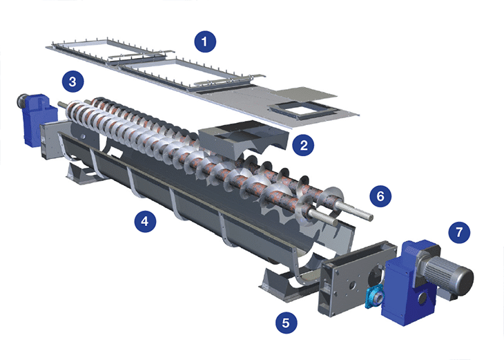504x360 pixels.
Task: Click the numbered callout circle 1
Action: tap(205, 41)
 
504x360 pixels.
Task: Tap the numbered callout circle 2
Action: tap(303, 145)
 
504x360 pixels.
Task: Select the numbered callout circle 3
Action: tap(72, 82)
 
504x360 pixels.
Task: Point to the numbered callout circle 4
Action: tap(145, 221)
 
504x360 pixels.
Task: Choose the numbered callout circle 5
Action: tap(286, 323)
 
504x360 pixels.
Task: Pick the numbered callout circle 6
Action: tap(380, 196)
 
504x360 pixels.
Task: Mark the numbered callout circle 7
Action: tap(459, 232)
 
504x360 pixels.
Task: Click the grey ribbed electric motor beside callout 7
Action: tap(447, 274)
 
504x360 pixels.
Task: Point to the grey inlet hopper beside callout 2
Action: tap(243, 138)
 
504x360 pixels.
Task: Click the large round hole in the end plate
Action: tap(375, 276)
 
